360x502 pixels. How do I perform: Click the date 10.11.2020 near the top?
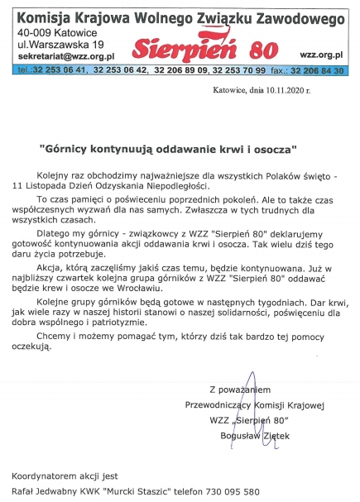click(284, 93)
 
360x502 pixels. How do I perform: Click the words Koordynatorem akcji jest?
click(59, 476)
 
